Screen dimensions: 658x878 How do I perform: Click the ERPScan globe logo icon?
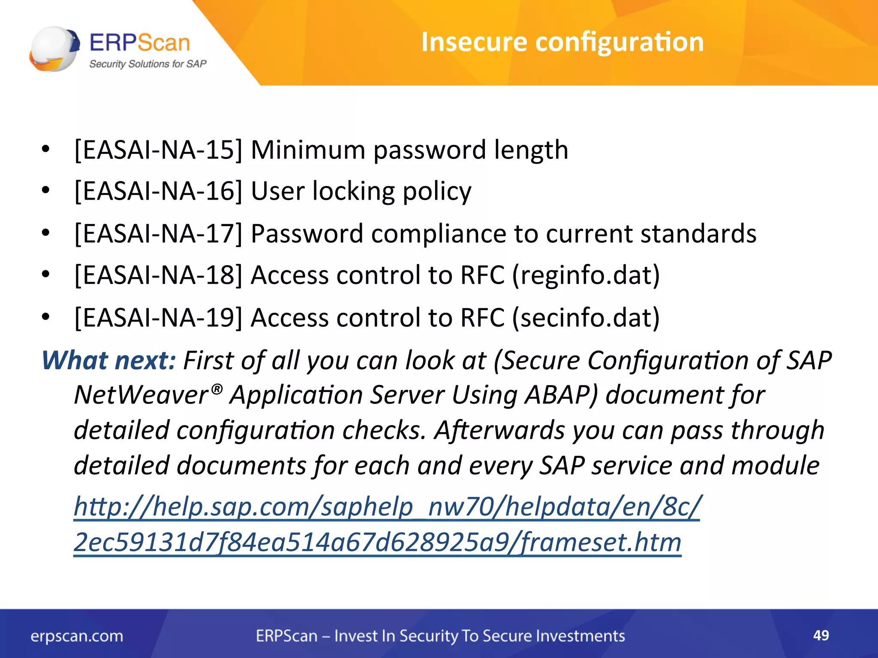[x=54, y=48]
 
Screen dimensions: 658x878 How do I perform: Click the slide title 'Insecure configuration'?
[x=562, y=42]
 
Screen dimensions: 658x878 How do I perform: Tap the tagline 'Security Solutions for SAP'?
[x=147, y=64]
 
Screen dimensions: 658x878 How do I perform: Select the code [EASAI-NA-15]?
[x=158, y=150]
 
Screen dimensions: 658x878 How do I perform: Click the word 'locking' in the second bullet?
[x=353, y=191]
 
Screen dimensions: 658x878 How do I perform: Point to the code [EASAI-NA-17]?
[x=158, y=234]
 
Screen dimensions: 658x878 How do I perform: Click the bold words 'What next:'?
[x=108, y=360]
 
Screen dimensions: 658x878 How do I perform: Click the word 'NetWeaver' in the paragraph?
[x=141, y=395]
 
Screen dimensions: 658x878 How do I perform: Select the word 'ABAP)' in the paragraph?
[x=561, y=395]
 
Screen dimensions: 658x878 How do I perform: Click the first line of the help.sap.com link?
[x=387, y=507]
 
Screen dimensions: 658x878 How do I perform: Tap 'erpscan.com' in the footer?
[x=77, y=636]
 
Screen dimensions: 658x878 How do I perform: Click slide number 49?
[x=821, y=635]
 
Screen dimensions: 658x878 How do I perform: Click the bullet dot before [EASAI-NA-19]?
[x=46, y=317]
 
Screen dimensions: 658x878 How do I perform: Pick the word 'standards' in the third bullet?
[x=698, y=234]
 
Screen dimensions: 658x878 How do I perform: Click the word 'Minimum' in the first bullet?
[x=308, y=150]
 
